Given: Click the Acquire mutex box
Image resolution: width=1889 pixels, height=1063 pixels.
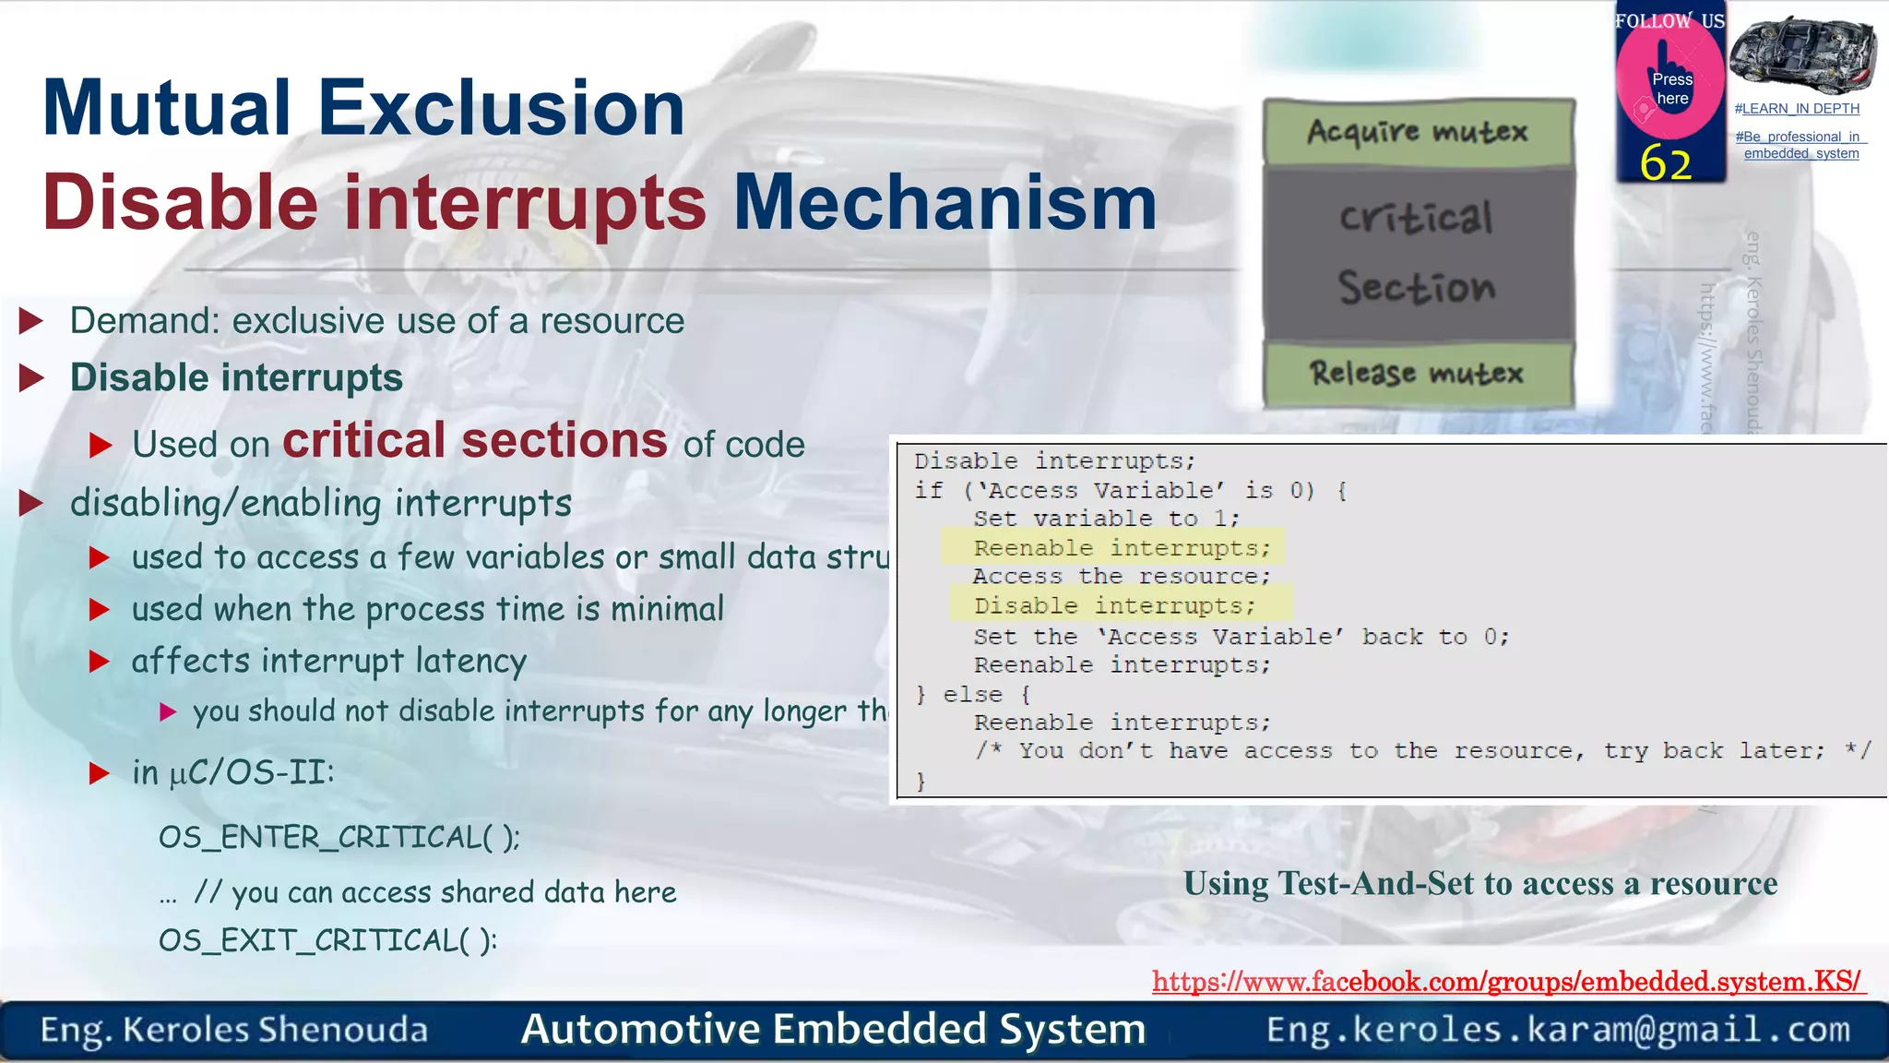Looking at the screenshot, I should [x=1418, y=132].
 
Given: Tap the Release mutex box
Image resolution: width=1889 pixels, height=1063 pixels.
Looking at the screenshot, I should [x=1418, y=374].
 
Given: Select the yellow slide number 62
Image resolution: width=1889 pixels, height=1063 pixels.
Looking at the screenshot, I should [x=1666, y=163].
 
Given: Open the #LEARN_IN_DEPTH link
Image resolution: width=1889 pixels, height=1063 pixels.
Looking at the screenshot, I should [x=1797, y=109].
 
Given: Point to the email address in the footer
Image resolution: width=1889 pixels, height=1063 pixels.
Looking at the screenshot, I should [x=1558, y=1029].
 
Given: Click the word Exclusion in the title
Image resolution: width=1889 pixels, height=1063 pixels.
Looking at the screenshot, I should [x=501, y=108].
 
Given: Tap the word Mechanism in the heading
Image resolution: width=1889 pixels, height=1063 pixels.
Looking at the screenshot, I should [x=944, y=203].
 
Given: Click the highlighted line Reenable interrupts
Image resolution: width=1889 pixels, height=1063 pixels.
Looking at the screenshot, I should [x=1122, y=548].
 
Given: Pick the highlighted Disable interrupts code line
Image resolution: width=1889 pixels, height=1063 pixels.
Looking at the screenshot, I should [x=1114, y=606].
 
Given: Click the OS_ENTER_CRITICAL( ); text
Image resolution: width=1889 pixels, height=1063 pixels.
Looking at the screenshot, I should [x=339, y=838].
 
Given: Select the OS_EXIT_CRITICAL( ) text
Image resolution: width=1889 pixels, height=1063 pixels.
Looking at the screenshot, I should [x=327, y=940].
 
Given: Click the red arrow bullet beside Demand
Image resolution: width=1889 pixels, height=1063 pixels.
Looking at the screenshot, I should [x=31, y=321].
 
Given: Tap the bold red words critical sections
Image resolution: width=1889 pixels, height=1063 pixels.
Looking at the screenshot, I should [x=475, y=440].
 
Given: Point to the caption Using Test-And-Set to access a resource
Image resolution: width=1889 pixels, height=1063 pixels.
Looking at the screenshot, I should [x=1480, y=884].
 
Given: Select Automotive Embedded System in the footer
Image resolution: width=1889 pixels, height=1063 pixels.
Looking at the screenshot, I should [x=833, y=1029].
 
